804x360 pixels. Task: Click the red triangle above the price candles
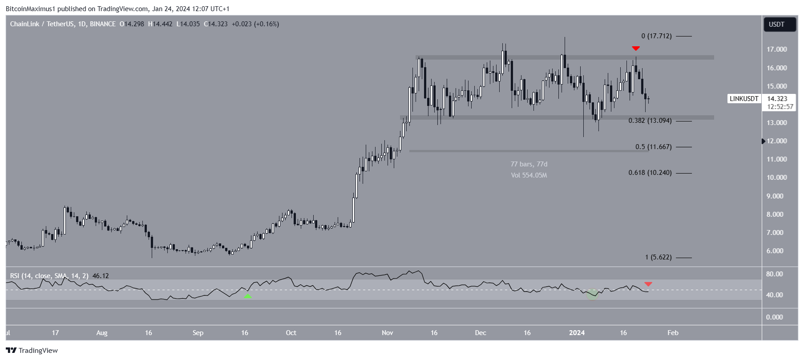(x=636, y=48)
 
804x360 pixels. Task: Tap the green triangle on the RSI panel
(x=247, y=296)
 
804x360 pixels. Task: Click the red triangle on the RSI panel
(x=648, y=284)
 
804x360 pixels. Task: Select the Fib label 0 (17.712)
(x=656, y=36)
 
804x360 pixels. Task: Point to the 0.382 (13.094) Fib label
(x=650, y=121)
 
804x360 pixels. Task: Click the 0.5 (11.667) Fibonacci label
(x=653, y=147)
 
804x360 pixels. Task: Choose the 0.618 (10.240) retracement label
(x=650, y=173)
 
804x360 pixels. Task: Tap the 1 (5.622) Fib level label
(x=658, y=257)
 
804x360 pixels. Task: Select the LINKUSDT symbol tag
(x=743, y=99)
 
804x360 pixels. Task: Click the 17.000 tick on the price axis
(x=776, y=49)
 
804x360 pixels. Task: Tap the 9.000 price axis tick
(x=776, y=196)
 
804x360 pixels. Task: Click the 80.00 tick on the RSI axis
(x=774, y=274)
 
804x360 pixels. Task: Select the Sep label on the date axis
(x=198, y=333)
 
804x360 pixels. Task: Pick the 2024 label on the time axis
(x=577, y=333)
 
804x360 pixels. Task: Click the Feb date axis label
(x=673, y=333)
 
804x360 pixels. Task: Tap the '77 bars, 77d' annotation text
(x=529, y=164)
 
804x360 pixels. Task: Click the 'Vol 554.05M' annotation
(x=529, y=175)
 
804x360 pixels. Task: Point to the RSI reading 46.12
(x=101, y=276)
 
